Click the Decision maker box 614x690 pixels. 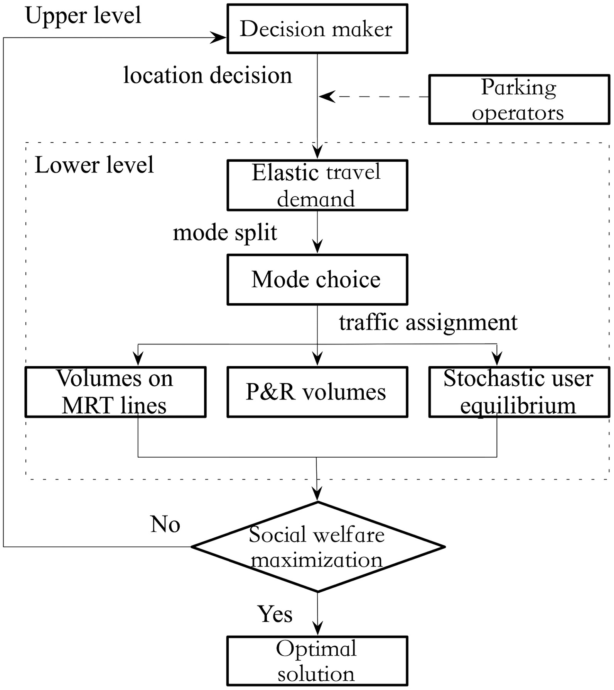point(317,29)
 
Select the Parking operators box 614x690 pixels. point(519,100)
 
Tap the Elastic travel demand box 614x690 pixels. point(317,185)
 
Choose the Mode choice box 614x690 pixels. point(317,280)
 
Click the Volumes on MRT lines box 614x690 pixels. point(115,392)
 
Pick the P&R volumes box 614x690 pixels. point(317,392)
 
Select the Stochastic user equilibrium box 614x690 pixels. point(519,392)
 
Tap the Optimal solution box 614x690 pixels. point(317,661)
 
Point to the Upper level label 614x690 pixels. point(83,15)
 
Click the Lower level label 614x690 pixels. point(94,165)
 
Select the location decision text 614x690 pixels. point(207,75)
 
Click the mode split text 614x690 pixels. point(225,233)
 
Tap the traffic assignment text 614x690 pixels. point(428,322)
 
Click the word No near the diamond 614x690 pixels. point(165,524)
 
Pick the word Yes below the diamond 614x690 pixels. point(275,614)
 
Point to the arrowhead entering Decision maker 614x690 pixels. point(219,38)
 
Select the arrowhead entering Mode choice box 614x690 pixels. point(317,246)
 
